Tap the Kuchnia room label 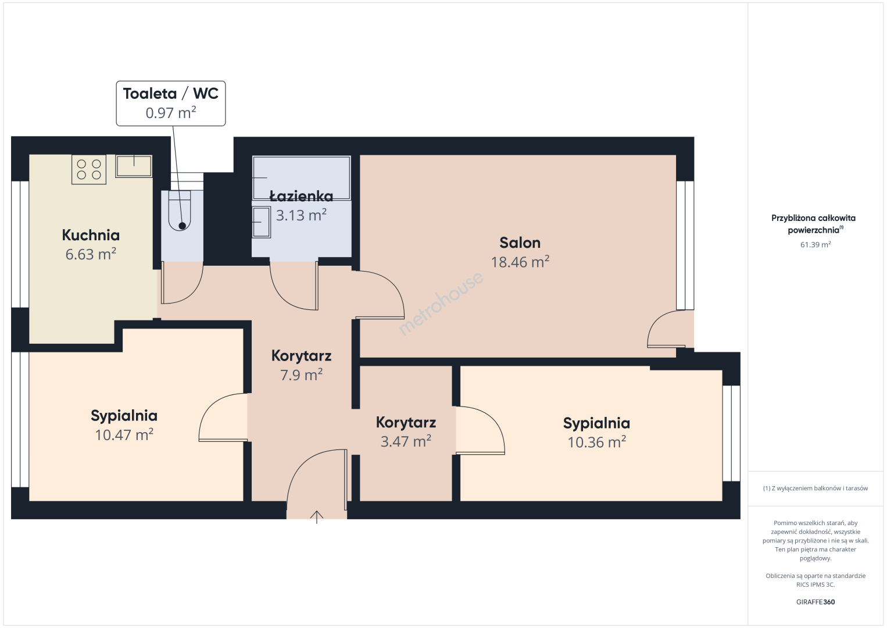[91, 235]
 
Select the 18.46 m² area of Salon [520, 262]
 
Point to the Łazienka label [301, 196]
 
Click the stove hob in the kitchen [89, 170]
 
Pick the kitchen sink [134, 166]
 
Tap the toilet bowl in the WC [180, 210]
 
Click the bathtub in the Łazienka [301, 178]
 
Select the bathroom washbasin [262, 222]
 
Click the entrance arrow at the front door [316, 517]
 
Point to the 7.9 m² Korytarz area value [301, 374]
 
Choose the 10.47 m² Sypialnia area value [124, 434]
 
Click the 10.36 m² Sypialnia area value [597, 442]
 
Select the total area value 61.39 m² [816, 244]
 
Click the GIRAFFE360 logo [816, 602]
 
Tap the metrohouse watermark [441, 303]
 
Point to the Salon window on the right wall [685, 245]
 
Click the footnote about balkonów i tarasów [816, 488]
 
